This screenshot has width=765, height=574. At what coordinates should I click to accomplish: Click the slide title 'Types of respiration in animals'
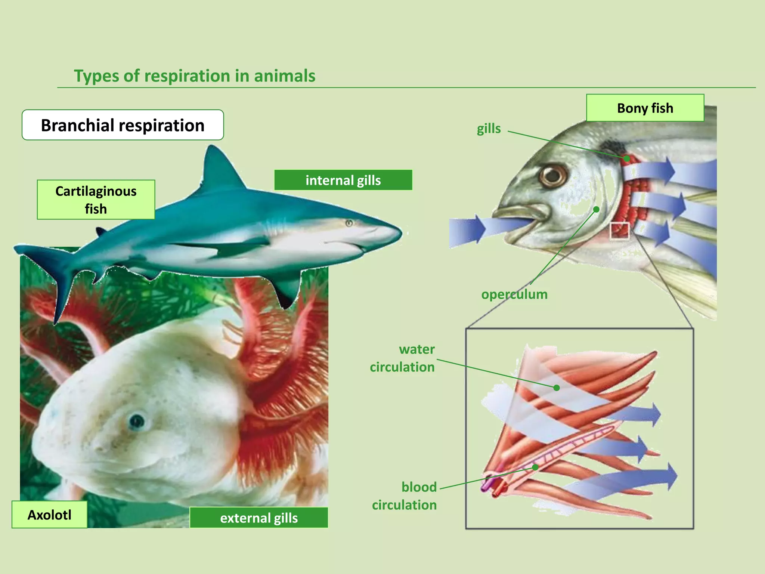pyautogui.click(x=195, y=76)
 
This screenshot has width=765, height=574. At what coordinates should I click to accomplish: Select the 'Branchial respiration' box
pyautogui.click(x=123, y=125)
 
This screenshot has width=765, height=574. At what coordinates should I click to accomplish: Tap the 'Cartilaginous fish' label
pyautogui.click(x=96, y=200)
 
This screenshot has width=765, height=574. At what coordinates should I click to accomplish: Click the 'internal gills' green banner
pyautogui.click(x=343, y=180)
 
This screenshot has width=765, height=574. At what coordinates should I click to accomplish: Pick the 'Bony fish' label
pyautogui.click(x=645, y=108)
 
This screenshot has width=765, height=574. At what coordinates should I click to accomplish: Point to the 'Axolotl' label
pyautogui.click(x=49, y=515)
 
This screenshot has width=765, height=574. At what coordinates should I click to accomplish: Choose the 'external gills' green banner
pyautogui.click(x=259, y=518)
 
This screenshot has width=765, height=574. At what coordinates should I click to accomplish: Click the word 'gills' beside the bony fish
pyautogui.click(x=489, y=129)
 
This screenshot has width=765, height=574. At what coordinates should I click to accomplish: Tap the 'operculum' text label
pyautogui.click(x=514, y=294)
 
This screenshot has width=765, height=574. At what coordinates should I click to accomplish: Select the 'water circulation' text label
pyautogui.click(x=403, y=358)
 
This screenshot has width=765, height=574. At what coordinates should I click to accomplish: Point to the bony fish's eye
pyautogui.click(x=552, y=175)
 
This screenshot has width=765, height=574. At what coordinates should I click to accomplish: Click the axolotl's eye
pyautogui.click(x=136, y=421)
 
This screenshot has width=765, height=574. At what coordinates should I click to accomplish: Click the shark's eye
pyautogui.click(x=349, y=223)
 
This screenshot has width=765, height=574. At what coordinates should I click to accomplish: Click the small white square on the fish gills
pyautogui.click(x=620, y=231)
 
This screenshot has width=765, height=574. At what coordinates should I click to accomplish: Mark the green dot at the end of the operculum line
pyautogui.click(x=597, y=210)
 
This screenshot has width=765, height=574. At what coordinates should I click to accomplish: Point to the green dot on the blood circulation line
pyautogui.click(x=535, y=467)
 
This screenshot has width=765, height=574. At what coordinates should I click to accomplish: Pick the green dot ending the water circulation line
pyautogui.click(x=557, y=388)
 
